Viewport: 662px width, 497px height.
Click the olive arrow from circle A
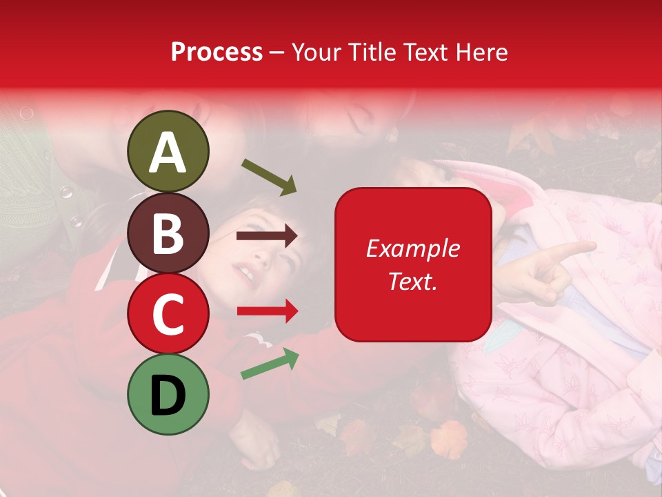coord(269,177)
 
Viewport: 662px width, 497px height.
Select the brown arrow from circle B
coord(267,236)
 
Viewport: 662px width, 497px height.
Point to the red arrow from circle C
coord(267,311)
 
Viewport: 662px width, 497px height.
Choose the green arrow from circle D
coord(270,364)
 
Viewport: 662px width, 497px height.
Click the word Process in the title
coord(217,52)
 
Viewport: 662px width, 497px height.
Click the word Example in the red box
coord(412,248)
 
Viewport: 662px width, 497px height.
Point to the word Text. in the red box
coord(412,281)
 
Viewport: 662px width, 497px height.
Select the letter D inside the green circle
coord(168,396)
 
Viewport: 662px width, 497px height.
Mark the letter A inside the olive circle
coord(168,153)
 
